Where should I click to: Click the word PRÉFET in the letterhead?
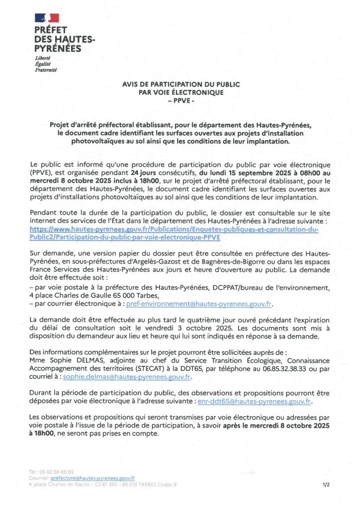coord(51,30)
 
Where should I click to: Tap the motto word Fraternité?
coord(46,70)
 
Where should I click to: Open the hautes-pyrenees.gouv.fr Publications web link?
coord(174,234)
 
